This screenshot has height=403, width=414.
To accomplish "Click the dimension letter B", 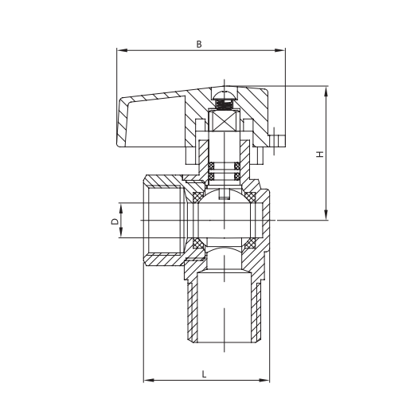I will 199,45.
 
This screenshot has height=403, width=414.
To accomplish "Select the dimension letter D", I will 114,217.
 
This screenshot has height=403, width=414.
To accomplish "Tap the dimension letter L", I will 205,373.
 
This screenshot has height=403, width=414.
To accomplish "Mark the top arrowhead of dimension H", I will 326,89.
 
